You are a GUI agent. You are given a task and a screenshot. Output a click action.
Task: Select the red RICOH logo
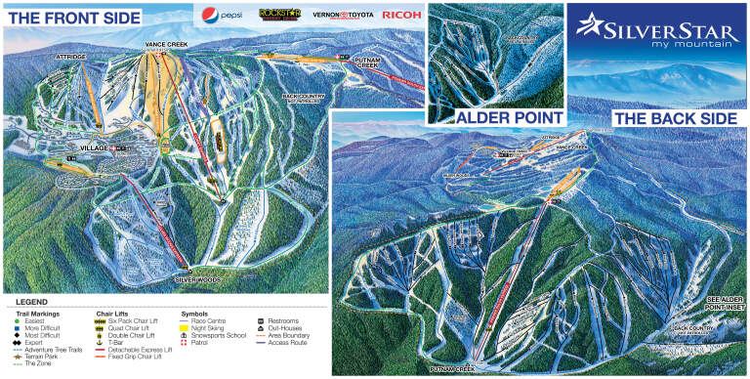click(400, 15)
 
